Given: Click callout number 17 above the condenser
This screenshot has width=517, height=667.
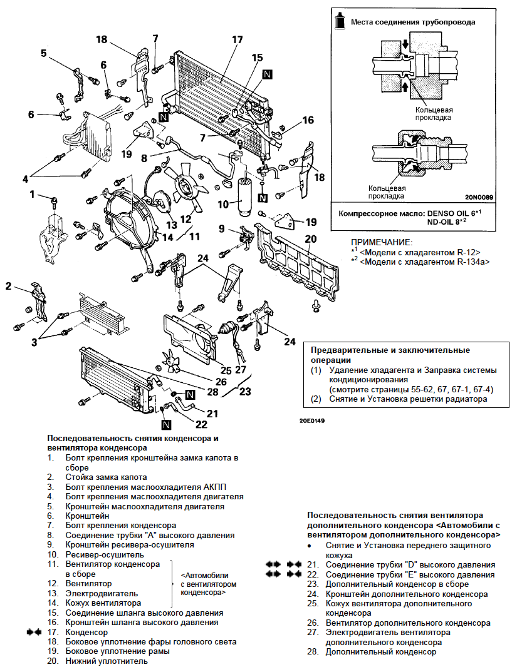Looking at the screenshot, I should coord(236,40).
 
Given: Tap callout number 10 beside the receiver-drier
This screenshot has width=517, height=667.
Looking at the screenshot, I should coord(222,205).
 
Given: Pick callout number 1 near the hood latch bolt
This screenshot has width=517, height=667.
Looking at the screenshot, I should coord(32,195).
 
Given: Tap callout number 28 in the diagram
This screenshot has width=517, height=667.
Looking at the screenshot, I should coord(212,392).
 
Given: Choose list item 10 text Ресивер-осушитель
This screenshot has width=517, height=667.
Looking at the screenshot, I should coord(105,554).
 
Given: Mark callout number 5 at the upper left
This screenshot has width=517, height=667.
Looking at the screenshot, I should coord(44,53).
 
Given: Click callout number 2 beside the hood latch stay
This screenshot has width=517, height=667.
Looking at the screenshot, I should coord(9,287).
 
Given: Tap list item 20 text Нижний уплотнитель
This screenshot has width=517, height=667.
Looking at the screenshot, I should coord(107,661).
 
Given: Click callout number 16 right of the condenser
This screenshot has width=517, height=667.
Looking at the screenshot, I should coord(307,120).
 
